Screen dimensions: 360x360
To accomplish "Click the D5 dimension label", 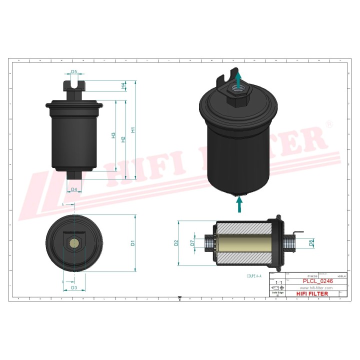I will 74,72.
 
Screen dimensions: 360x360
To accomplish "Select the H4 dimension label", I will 123,85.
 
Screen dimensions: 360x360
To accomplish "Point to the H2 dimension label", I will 123,139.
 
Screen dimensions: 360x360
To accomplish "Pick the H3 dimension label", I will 113,135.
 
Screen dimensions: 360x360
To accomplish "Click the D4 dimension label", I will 74,189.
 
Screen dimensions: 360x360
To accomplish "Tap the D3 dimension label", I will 74,287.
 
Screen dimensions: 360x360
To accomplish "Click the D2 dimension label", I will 176,243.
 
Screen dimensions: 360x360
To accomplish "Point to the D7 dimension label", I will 192,243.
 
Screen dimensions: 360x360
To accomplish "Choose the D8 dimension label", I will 310,243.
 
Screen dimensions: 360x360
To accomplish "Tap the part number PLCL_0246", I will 316,281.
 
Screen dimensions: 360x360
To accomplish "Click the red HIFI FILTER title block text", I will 312,293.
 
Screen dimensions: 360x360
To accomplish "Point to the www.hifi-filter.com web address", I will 316,288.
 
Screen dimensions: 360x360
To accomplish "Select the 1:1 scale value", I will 277,283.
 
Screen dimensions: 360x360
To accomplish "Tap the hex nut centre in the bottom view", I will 74,243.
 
